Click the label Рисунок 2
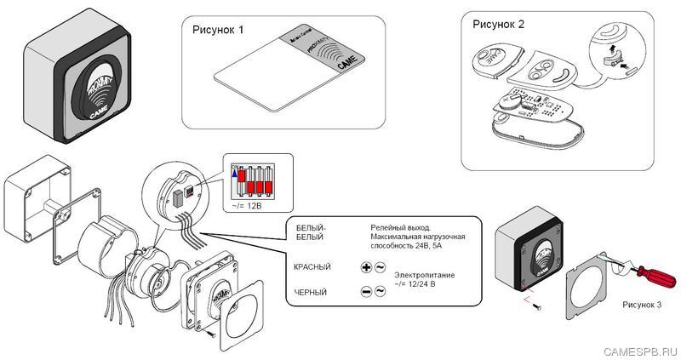point(498,24)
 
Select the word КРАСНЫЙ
point(312,268)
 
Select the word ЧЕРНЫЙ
point(312,292)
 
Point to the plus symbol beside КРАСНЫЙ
point(366,267)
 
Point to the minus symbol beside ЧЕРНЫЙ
point(366,292)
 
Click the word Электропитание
point(425,276)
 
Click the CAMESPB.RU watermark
point(640,351)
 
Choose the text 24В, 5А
point(448,248)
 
